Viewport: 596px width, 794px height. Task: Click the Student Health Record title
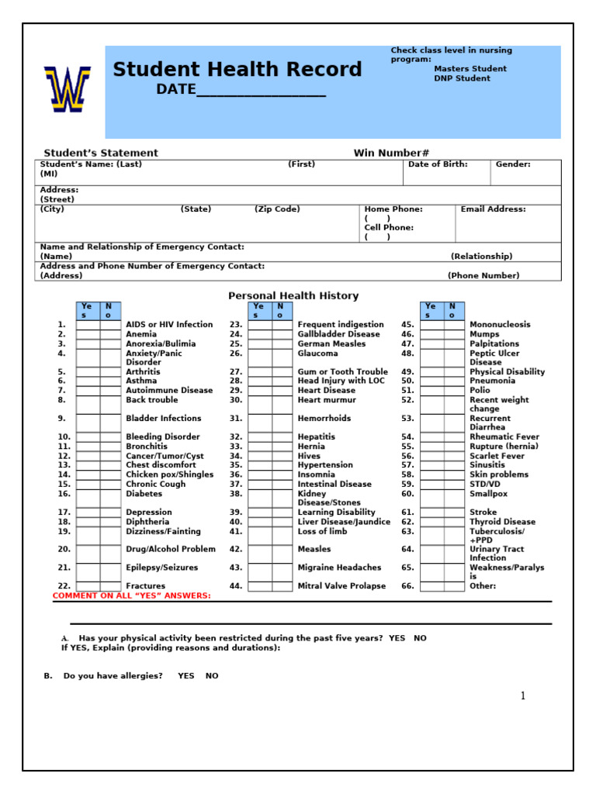click(237, 70)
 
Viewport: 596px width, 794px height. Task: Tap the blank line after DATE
click(261, 91)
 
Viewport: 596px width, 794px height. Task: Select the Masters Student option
click(470, 69)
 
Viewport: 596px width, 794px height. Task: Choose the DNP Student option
click(462, 78)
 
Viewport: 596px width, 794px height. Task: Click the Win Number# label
click(391, 153)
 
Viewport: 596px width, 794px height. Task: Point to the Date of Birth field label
click(438, 164)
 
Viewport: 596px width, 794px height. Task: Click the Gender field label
click(513, 164)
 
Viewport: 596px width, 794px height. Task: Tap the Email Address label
click(493, 209)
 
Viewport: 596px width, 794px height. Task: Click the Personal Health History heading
click(293, 295)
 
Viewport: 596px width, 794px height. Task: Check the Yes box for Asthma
click(88, 381)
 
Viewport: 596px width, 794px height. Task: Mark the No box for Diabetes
click(110, 493)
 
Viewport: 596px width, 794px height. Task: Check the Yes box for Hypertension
click(259, 465)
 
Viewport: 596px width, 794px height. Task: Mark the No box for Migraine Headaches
click(282, 568)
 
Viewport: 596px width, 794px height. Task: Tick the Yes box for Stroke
click(431, 513)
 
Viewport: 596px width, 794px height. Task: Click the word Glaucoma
click(317, 353)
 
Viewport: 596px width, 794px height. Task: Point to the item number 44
click(236, 586)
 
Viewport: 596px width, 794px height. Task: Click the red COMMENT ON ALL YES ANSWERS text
click(131, 595)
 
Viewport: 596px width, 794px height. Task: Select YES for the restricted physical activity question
click(397, 638)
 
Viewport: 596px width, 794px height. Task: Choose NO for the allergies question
click(212, 676)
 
